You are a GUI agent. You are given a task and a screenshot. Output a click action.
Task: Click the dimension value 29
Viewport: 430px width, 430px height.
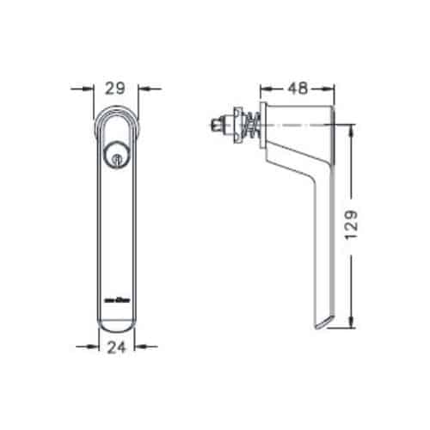pos(117,88)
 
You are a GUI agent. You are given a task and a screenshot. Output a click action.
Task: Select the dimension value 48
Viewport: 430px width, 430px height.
pos(297,88)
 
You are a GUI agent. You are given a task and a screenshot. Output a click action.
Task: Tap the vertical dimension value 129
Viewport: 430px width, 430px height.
pos(365,225)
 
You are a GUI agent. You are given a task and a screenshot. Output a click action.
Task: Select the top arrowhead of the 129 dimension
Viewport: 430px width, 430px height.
pos(352,130)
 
